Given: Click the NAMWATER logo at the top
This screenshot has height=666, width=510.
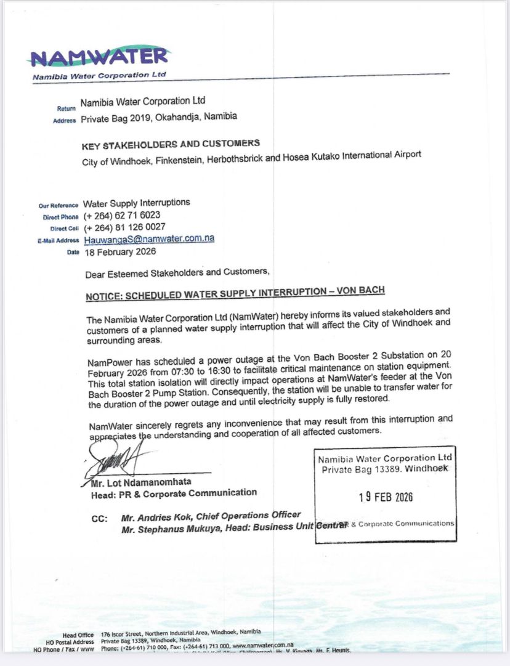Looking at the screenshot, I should click(99, 57).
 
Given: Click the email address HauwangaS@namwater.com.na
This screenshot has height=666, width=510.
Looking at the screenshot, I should click(148, 239).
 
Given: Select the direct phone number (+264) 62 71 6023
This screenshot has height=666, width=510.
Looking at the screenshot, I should click(122, 215).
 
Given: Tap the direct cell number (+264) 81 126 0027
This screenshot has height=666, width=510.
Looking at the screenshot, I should click(124, 227).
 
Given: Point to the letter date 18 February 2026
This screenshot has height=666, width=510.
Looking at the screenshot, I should click(120, 251).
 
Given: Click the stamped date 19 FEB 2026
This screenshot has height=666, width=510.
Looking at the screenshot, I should click(386, 497).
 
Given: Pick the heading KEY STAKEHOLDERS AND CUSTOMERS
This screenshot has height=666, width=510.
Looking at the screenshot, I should click(171, 145).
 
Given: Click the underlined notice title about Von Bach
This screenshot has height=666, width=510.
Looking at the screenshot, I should click(235, 294).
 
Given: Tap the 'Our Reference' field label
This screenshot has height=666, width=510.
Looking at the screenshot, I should click(59, 206).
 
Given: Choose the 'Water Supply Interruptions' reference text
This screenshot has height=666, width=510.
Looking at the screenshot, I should click(137, 203).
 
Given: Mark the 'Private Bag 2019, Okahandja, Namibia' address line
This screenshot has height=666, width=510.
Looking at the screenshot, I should click(158, 116).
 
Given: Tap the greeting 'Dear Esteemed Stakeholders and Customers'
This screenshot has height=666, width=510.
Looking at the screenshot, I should click(177, 272).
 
